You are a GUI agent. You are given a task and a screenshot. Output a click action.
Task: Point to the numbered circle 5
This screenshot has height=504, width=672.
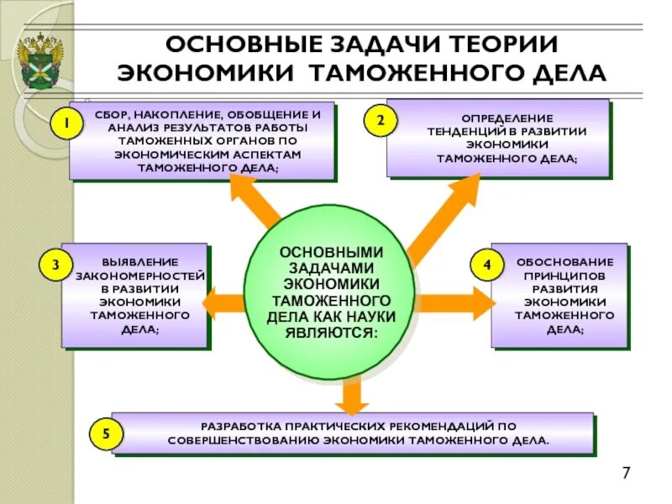pyautogui.click(x=106, y=434)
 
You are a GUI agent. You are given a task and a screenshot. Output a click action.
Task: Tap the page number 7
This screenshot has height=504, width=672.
pyautogui.click(x=626, y=473)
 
